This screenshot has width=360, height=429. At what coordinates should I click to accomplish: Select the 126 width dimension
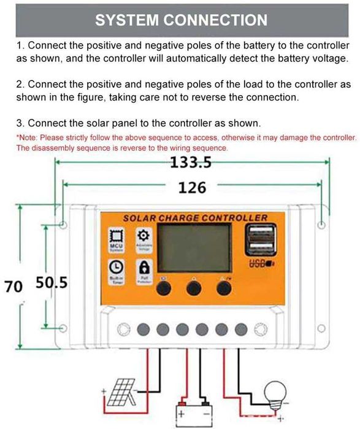coord(192,187)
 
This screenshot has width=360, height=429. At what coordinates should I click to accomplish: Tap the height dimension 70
coord(13,286)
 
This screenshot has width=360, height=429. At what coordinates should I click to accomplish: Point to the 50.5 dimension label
coord(52,283)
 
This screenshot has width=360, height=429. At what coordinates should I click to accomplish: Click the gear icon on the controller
coord(144,235)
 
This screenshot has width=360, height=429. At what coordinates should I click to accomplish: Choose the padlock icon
coord(144,268)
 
